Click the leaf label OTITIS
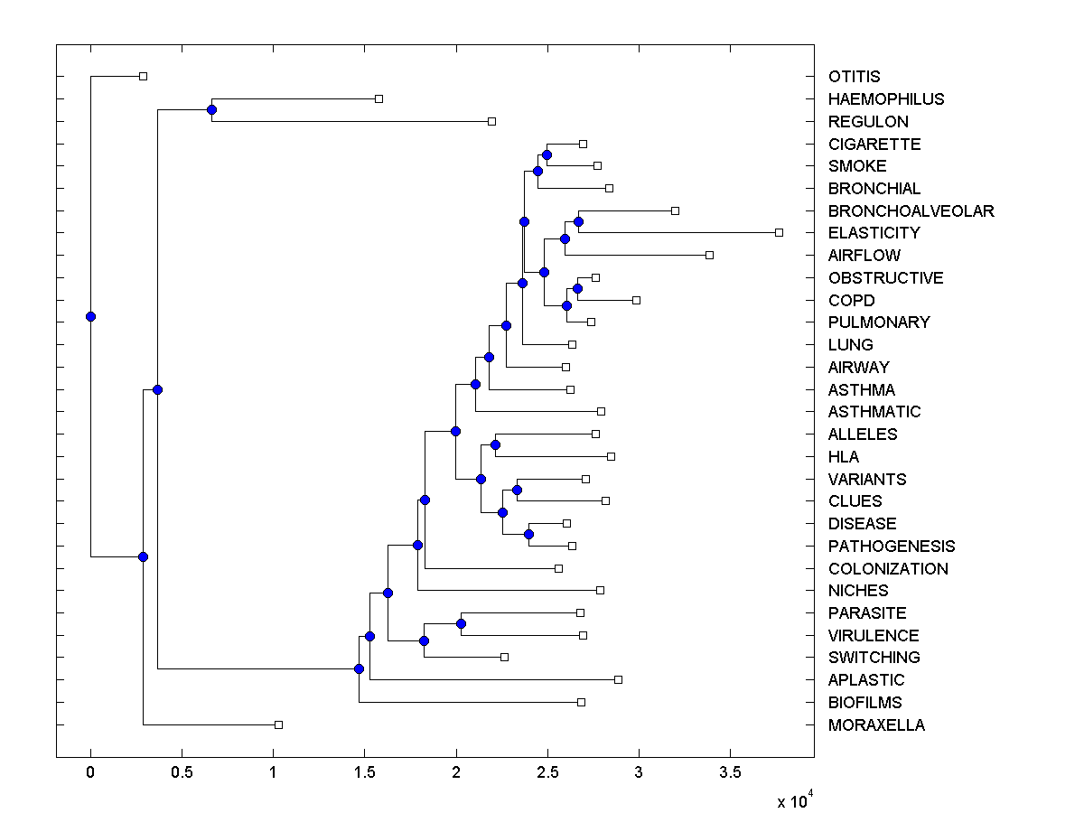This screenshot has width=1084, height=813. (x=854, y=77)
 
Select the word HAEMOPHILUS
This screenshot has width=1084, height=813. (x=885, y=99)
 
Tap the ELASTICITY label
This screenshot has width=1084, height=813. (x=873, y=233)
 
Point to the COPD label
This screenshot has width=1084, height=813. (x=851, y=300)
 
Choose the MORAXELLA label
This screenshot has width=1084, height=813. (x=876, y=725)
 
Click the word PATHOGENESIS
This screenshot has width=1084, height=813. (x=891, y=547)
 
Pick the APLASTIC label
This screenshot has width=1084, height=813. (x=865, y=680)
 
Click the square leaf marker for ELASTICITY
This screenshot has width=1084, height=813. (x=779, y=233)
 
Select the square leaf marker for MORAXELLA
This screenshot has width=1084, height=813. (x=278, y=724)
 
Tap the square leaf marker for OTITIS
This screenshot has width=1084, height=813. (x=143, y=77)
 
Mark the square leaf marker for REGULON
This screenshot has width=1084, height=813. (x=491, y=121)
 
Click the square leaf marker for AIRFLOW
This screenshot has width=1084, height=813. (x=709, y=256)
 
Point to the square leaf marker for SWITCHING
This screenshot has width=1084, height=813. (x=504, y=657)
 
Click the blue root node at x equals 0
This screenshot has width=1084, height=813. (x=90, y=316)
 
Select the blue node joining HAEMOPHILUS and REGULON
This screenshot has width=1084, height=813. (x=211, y=110)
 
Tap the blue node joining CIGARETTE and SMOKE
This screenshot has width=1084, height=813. (x=547, y=154)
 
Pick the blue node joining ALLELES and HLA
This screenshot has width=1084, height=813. (x=495, y=444)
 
